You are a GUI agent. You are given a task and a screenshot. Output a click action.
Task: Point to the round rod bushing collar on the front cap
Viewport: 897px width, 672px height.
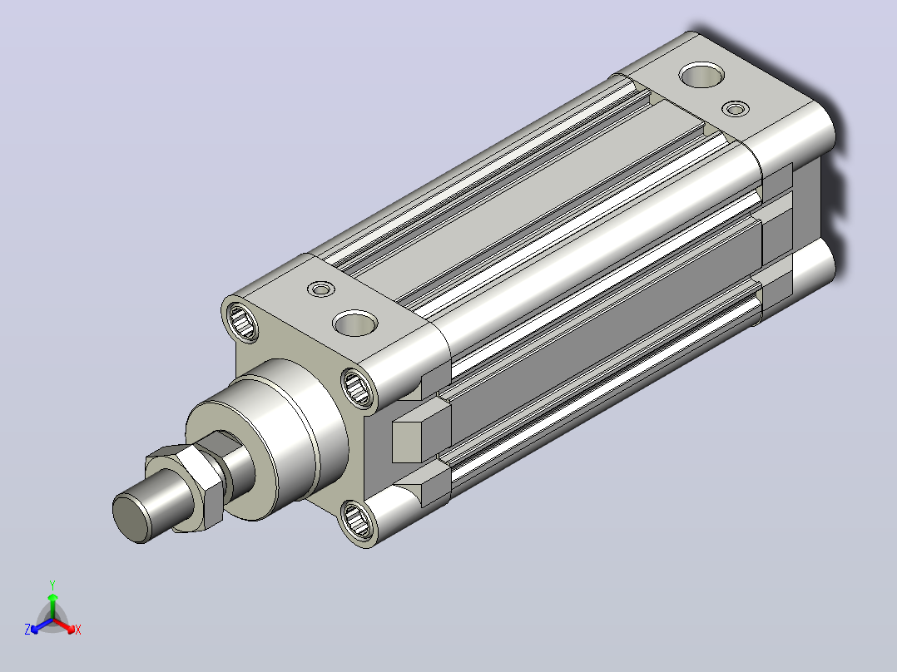click(x=269, y=439)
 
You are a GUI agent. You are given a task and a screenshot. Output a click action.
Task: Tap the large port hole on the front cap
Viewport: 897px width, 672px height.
click(x=355, y=324)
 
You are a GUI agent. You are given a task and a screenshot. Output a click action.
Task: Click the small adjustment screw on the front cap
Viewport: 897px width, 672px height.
click(x=321, y=289)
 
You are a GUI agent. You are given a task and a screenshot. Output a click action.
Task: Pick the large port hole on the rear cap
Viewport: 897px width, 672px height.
click(x=702, y=76)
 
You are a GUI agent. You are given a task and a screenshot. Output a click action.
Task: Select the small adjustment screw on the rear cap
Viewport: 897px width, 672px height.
click(x=736, y=109)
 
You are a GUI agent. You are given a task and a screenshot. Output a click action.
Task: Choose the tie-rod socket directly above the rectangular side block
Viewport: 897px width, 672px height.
click(x=358, y=388)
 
